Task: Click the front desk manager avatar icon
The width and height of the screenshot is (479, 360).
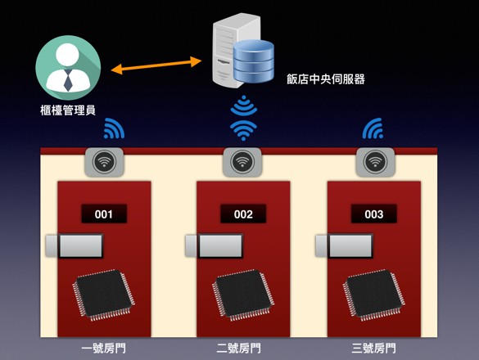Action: click(x=68, y=68)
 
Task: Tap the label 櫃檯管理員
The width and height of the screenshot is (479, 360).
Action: click(x=68, y=110)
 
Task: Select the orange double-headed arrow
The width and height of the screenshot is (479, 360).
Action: click(x=156, y=65)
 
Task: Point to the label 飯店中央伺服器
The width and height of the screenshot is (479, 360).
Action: click(x=326, y=79)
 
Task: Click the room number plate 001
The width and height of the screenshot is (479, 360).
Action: click(x=104, y=214)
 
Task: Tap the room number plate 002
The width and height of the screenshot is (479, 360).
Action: click(x=243, y=214)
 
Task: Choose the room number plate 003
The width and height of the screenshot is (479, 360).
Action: click(x=374, y=214)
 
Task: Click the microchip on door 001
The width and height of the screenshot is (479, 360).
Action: click(x=103, y=295)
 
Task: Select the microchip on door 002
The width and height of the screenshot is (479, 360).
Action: click(x=243, y=295)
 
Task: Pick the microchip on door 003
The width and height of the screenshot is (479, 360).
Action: click(x=374, y=295)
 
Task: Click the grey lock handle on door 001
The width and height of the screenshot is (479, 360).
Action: click(x=75, y=245)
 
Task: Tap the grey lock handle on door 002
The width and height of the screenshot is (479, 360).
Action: click(x=214, y=245)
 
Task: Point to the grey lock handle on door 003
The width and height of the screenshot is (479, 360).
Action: click(x=344, y=245)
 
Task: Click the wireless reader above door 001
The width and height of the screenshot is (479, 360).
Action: click(x=104, y=162)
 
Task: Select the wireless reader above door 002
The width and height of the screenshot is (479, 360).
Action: click(x=242, y=162)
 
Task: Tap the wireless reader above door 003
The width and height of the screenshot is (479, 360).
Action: click(x=376, y=162)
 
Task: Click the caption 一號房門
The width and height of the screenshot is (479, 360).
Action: click(x=104, y=348)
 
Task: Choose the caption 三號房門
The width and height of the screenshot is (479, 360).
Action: click(x=374, y=348)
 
